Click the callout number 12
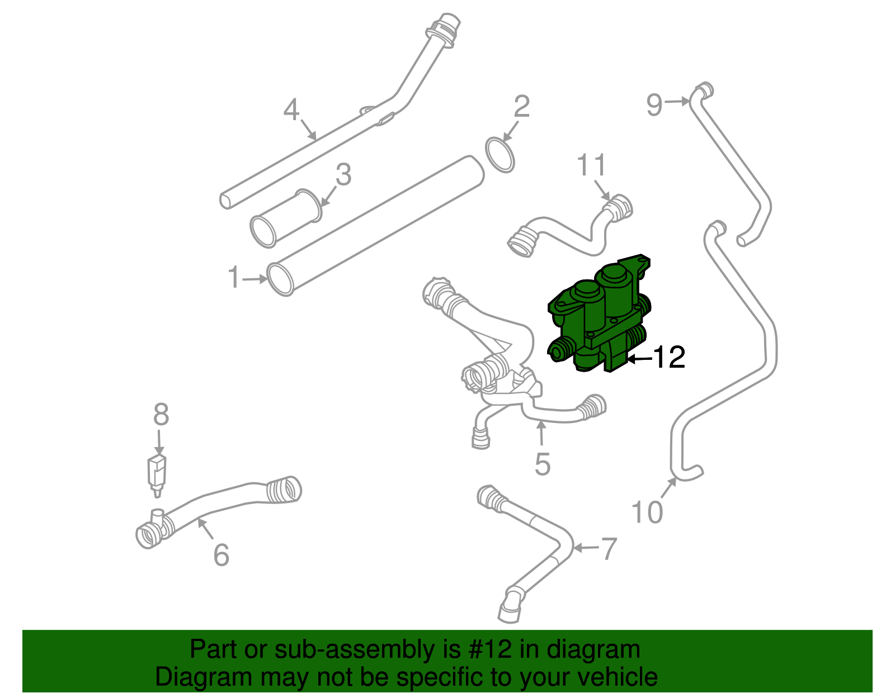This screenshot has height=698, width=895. [x=669, y=357]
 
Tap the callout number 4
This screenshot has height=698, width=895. [x=291, y=110]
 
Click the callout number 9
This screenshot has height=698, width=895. [x=654, y=105]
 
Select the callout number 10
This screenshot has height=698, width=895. [x=647, y=512]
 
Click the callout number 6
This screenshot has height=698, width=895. [x=222, y=555]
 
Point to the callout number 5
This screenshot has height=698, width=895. [x=542, y=464]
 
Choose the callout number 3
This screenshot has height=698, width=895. [x=343, y=175]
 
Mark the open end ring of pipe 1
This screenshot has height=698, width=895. [x=281, y=279]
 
